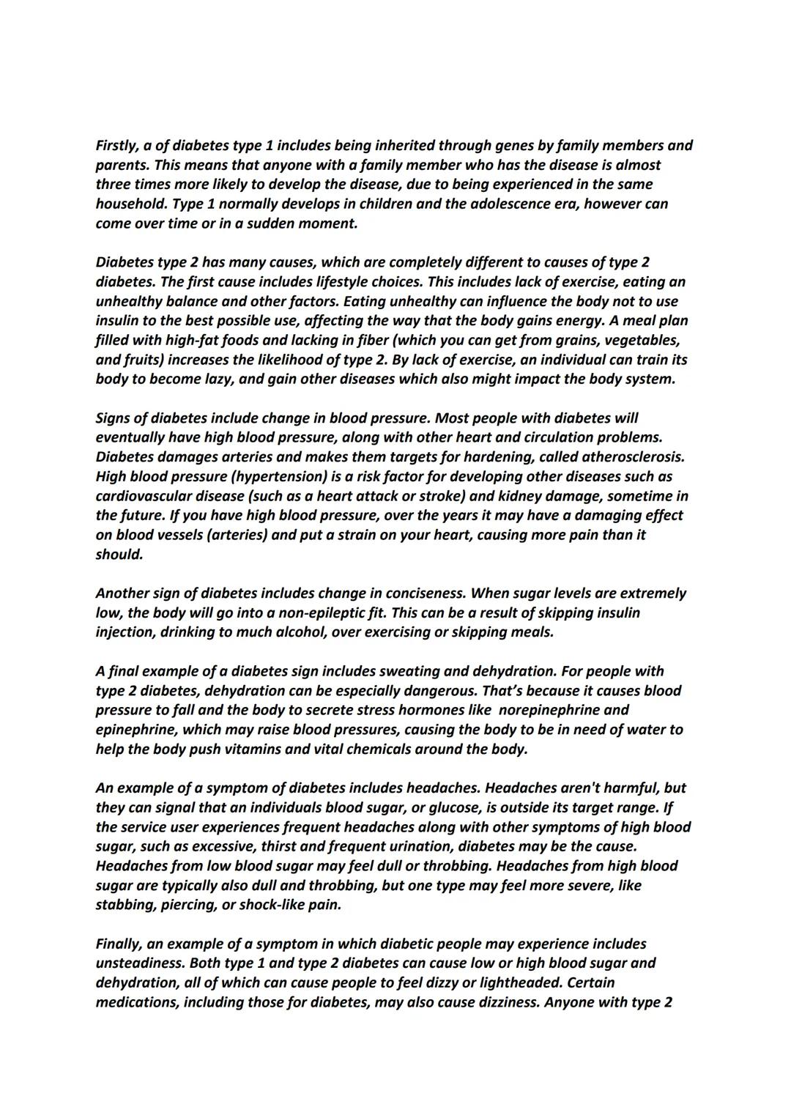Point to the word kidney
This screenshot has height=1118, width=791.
[x=521, y=496]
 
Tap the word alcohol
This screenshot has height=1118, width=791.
[x=297, y=632]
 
